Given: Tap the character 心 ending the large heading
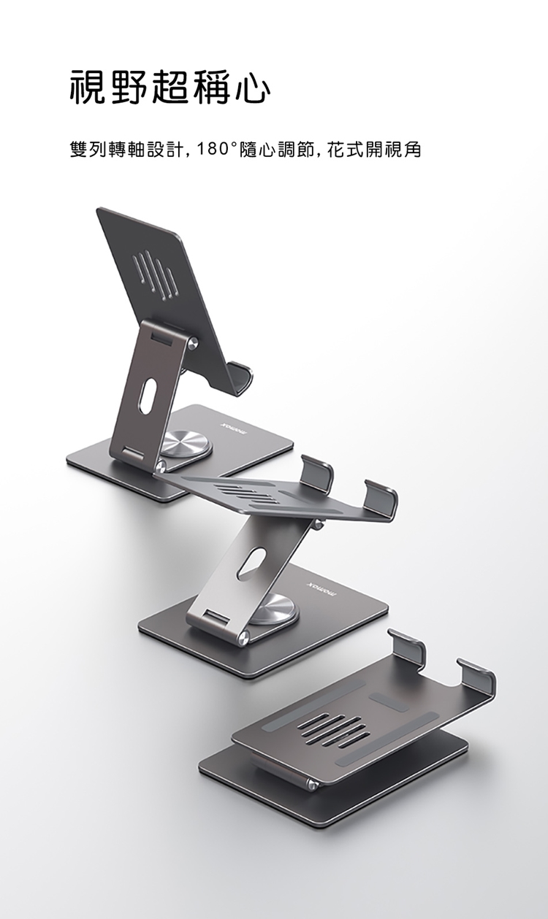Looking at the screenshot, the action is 253,88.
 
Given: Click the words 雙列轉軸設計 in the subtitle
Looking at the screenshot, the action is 125,150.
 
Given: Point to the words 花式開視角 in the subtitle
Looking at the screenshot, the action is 374,150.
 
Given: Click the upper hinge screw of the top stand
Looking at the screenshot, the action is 192,343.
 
